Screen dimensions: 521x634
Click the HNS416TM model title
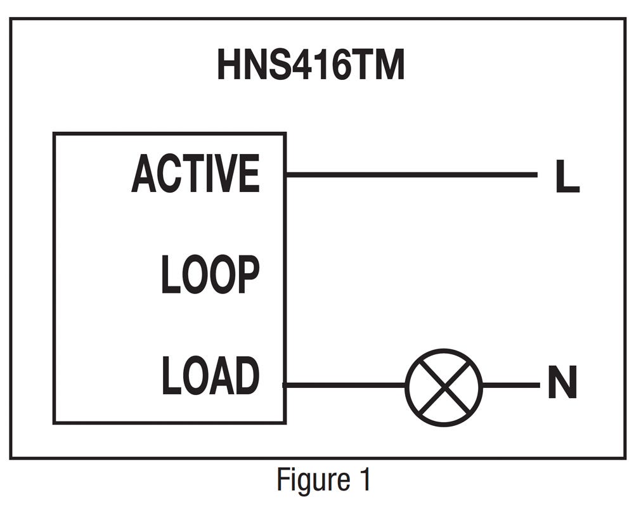311,66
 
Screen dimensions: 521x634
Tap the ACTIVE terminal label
195,174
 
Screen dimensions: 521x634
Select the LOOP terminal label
210,274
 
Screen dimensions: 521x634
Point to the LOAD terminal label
210,376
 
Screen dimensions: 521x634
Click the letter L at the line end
566,177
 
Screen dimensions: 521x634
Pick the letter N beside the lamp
562,384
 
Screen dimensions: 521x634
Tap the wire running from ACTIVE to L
412,174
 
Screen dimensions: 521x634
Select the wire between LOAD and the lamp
346,385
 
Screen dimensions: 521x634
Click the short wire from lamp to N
510,385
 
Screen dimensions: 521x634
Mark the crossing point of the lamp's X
444,387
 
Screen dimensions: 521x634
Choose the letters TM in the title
378,66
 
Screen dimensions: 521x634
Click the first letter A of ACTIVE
144,174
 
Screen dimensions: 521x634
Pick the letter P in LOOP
247,274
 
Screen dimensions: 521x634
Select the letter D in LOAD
246,376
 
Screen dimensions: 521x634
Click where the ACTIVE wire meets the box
286,174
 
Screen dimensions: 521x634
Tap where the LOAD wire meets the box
285,385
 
